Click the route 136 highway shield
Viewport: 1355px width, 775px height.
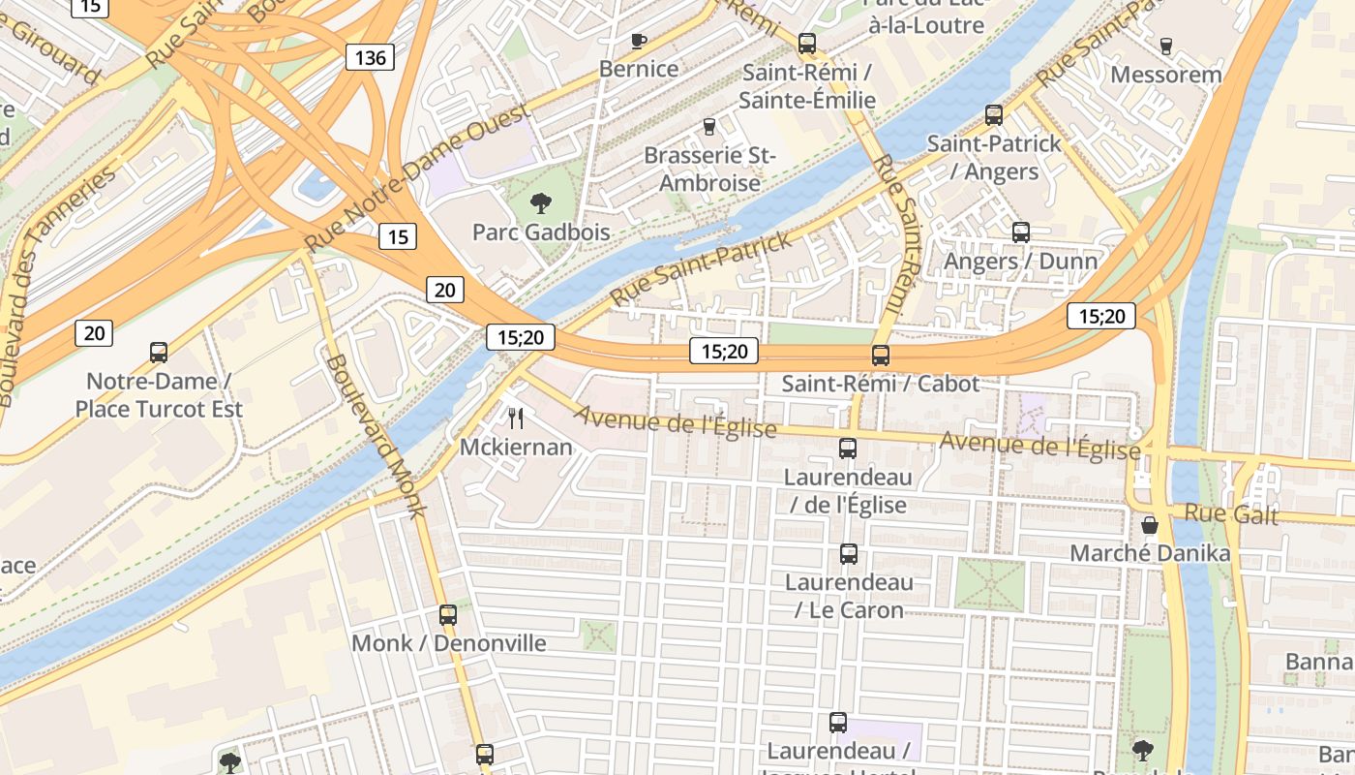pos(370,57)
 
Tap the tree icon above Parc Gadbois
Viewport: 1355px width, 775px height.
pos(541,203)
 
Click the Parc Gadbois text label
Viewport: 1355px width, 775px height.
pos(541,232)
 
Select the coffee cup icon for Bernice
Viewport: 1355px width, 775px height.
pos(638,41)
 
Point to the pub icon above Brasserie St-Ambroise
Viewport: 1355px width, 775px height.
pos(708,127)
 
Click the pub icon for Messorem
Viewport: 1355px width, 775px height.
pos(1165,46)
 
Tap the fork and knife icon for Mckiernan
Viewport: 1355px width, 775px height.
pos(516,418)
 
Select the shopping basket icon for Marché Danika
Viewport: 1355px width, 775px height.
pos(1150,525)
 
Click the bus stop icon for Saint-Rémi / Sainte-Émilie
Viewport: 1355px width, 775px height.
pos(807,44)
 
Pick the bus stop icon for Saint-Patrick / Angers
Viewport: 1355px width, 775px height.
pos(994,115)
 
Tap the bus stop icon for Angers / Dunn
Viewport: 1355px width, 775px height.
pos(1021,232)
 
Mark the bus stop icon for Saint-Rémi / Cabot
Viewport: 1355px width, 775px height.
pos(881,356)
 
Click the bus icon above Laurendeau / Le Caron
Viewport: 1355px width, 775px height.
pos(849,554)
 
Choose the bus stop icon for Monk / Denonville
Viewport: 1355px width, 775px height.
pos(448,615)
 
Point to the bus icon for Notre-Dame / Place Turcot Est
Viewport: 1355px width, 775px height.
pos(159,353)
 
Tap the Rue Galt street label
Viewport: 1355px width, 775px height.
pos(1231,514)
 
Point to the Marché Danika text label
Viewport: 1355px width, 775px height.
pos(1150,553)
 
